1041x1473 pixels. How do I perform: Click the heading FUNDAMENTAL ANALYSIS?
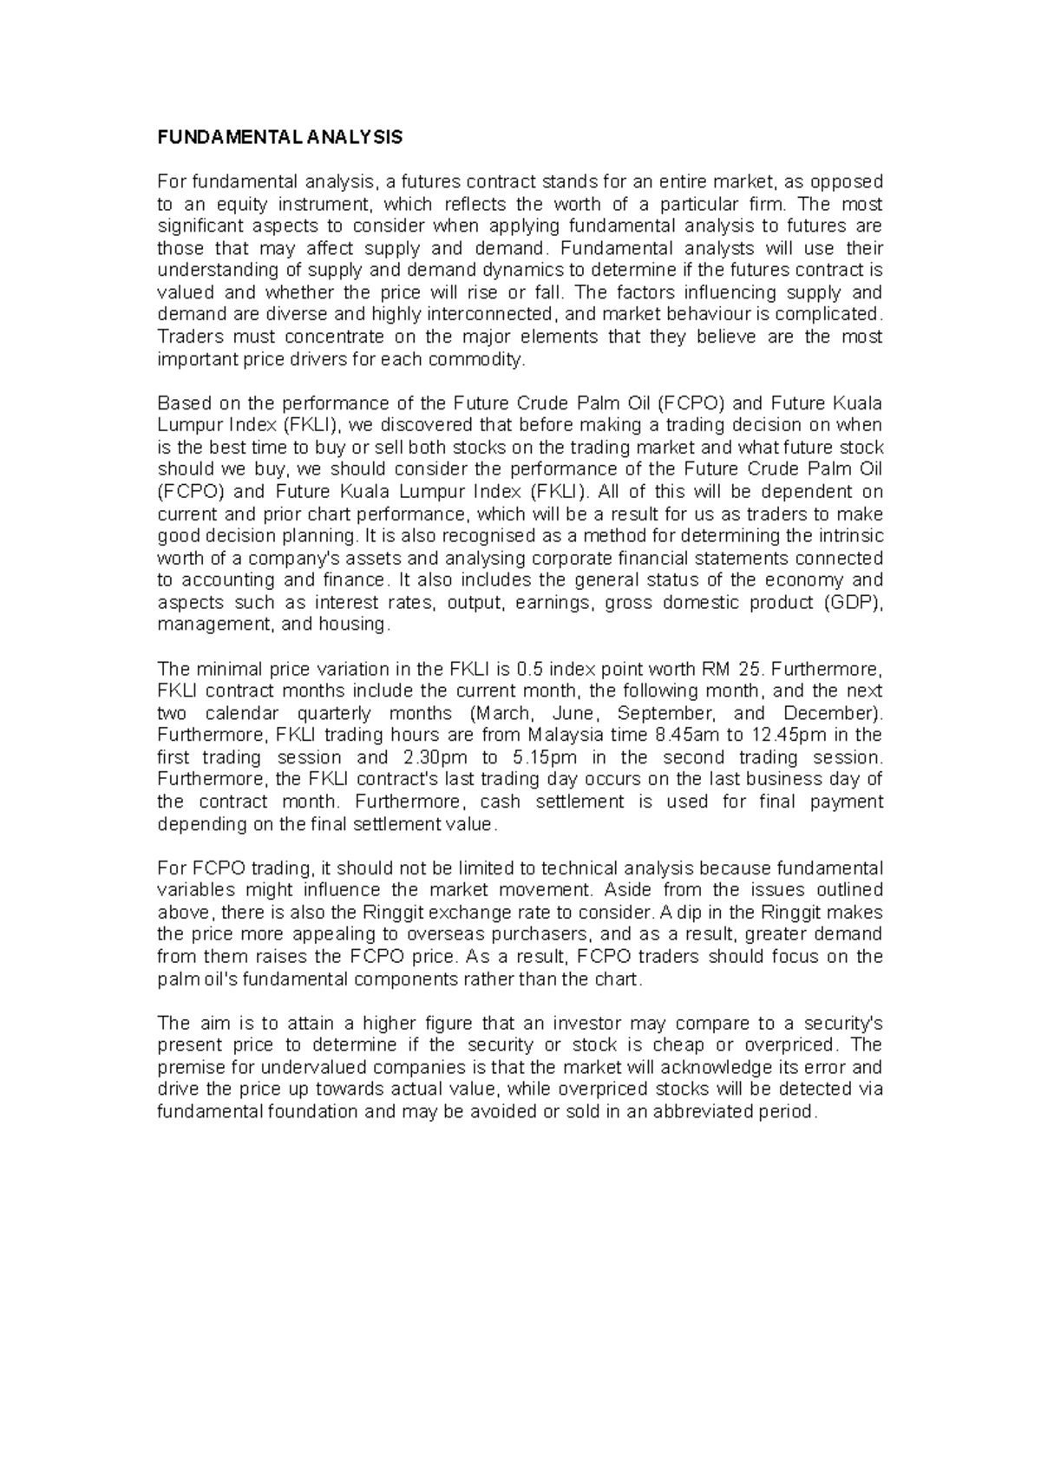[x=280, y=138]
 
